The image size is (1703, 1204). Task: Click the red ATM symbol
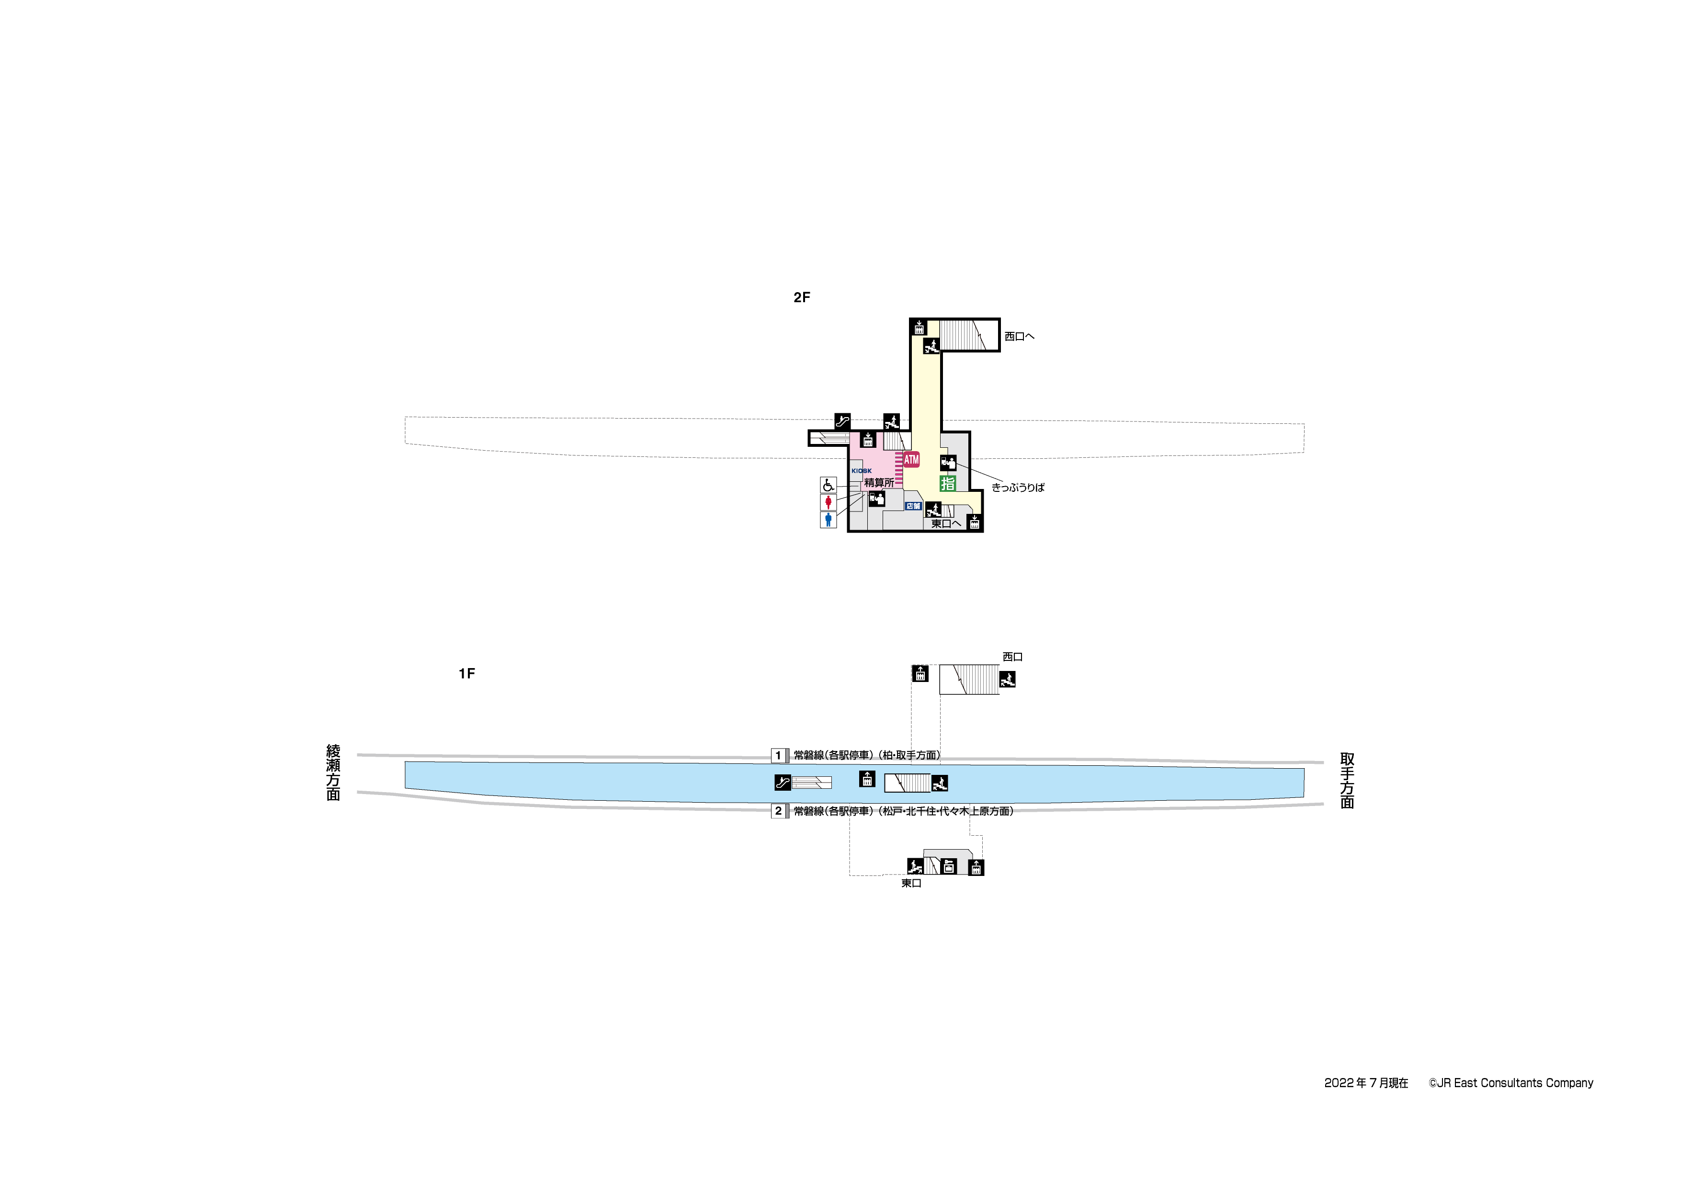pyautogui.click(x=911, y=459)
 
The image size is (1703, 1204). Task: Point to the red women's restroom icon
pyautogui.click(x=829, y=503)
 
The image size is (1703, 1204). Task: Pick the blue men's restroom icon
pyautogui.click(x=829, y=519)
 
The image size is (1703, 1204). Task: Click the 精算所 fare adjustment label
pyautogui.click(x=879, y=483)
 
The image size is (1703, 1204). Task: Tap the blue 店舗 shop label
pyautogui.click(x=913, y=506)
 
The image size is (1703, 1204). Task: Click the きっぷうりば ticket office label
pyautogui.click(x=1018, y=488)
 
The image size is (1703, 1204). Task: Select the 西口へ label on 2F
pyautogui.click(x=1019, y=336)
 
